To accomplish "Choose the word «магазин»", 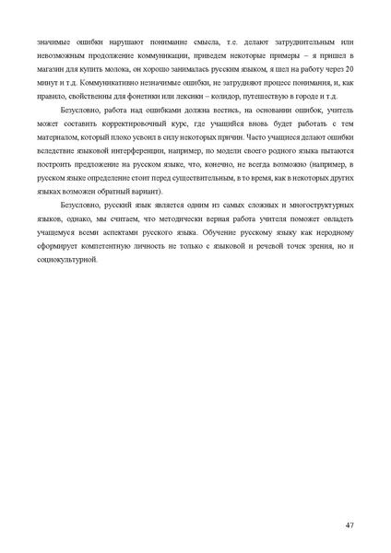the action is pyautogui.click(x=52, y=68).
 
